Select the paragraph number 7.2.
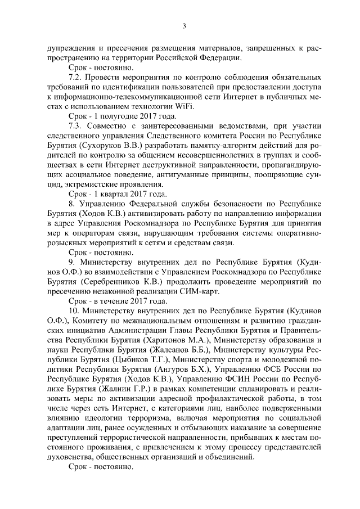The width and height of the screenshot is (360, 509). coord(76,77)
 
